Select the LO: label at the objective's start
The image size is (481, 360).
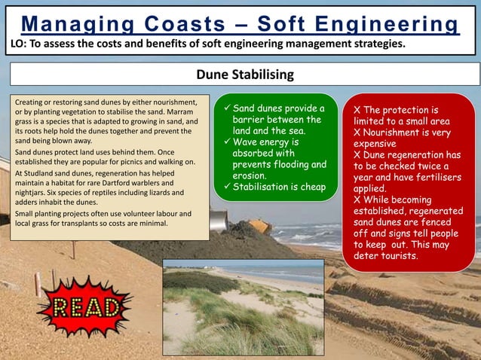(19, 44)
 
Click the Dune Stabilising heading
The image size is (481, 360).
(244, 75)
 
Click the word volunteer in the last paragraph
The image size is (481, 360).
(136, 214)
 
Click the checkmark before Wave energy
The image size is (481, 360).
(225, 142)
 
